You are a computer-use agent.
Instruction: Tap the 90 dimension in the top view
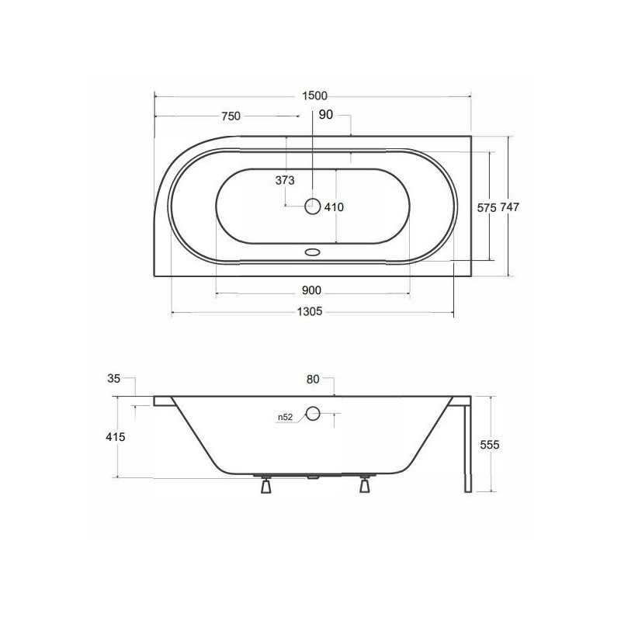tap(326, 116)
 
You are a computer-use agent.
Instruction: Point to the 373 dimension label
tap(285, 180)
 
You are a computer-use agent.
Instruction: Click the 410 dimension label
tap(334, 206)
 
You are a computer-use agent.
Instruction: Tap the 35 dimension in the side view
tap(113, 379)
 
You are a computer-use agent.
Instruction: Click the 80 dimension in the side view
tap(313, 380)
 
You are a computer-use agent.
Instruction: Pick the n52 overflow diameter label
tap(285, 418)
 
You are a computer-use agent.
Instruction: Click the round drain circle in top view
tap(313, 206)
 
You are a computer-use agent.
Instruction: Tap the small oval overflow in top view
tap(313, 252)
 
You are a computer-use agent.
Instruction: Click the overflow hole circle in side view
tap(313, 413)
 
